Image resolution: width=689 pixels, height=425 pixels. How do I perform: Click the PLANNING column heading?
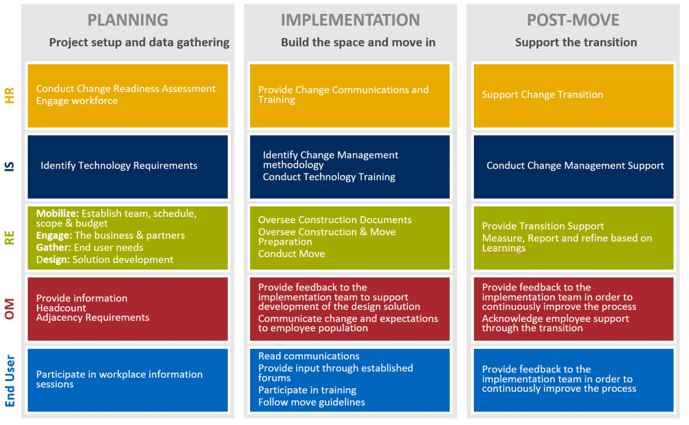tap(128, 20)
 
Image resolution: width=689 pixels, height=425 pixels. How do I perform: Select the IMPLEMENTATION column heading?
tap(350, 20)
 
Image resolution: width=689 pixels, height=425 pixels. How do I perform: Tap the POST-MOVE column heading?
tap(573, 20)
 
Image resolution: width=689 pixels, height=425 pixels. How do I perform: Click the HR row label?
tap(9, 95)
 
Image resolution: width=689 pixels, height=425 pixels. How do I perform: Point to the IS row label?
tap(9, 166)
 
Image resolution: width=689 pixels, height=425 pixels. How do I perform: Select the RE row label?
tap(9, 238)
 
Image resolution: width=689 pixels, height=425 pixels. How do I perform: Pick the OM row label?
tap(9, 309)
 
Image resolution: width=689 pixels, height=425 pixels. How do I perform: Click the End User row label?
tap(9, 381)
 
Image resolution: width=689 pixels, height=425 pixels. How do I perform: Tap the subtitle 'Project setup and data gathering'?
tap(139, 43)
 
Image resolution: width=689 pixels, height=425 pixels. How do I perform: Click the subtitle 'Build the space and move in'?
tap(358, 43)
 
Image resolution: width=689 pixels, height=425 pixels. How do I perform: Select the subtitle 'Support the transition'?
tap(576, 43)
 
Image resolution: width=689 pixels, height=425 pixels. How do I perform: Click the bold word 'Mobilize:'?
tap(57, 213)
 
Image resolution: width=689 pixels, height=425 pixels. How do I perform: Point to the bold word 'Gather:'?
tap(54, 248)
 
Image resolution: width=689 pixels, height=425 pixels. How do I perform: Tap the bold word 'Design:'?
tap(53, 259)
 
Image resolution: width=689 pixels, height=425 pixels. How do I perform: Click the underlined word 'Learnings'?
tap(504, 248)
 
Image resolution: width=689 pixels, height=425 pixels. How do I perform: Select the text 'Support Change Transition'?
tap(543, 95)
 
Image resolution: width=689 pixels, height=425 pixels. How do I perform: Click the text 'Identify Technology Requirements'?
tap(119, 166)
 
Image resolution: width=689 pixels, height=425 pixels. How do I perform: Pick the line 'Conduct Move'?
tap(291, 254)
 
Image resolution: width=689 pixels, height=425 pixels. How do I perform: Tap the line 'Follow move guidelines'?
tap(312, 402)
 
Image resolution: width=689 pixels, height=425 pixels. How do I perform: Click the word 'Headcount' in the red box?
tap(61, 308)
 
